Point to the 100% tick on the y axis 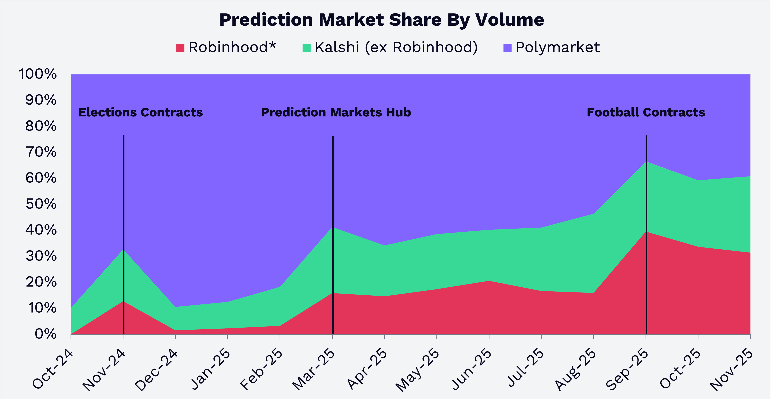pos(38,74)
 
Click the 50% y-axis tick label pos(41,204)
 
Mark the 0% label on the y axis pos(45,334)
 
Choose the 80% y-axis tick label pos(41,126)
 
